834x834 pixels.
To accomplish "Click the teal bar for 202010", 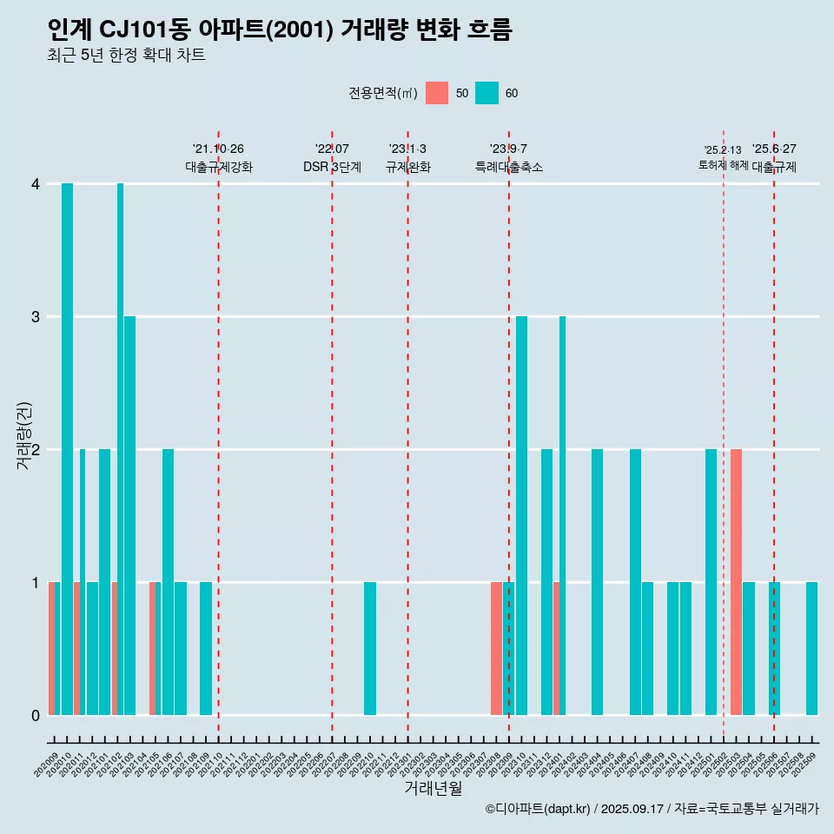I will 67,449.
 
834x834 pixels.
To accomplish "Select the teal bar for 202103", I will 129,515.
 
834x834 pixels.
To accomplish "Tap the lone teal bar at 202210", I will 370,648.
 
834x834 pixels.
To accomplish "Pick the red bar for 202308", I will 496,648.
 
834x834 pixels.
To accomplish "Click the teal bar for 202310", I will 521,515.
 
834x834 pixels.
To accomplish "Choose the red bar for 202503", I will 736,582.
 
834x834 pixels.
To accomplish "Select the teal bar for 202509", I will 811,648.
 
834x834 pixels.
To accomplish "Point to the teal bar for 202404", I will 597,582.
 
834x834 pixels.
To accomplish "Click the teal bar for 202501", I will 711,582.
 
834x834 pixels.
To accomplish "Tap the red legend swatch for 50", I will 437,93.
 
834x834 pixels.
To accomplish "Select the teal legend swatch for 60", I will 486,93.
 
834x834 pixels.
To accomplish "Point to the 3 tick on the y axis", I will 36,316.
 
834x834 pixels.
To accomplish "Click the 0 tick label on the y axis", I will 36,715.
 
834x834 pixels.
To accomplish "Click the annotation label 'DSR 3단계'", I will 332,167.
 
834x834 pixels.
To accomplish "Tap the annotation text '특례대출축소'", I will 509,167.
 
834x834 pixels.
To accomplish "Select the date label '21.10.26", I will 218,149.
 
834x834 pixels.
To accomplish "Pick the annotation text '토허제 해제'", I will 723,165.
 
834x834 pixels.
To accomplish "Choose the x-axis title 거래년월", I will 433,789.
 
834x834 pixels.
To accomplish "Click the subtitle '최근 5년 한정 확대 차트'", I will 127,56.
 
